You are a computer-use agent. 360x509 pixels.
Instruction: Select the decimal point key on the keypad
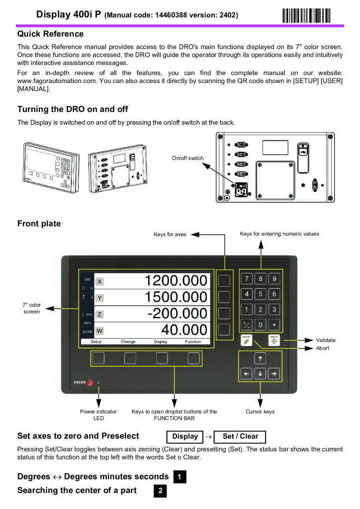click(274, 326)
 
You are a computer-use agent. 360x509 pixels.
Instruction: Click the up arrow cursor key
click(261, 358)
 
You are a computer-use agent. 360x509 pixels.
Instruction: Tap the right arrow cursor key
click(274, 373)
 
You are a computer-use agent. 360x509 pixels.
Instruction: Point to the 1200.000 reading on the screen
click(176, 281)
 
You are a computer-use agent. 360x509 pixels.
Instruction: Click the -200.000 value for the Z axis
click(177, 314)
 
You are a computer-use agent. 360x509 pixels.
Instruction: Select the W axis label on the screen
click(99, 330)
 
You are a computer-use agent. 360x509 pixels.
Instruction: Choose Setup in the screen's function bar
click(96, 342)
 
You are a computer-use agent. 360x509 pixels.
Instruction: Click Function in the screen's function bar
click(193, 342)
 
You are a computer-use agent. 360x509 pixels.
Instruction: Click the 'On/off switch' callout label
click(187, 158)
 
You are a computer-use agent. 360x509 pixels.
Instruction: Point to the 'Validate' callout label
click(326, 340)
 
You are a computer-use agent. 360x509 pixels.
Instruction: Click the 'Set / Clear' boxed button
click(240, 437)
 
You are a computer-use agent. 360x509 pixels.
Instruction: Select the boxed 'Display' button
click(184, 437)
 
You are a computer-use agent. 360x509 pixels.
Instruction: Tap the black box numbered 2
click(160, 491)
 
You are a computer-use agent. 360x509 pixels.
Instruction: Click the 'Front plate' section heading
click(39, 224)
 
